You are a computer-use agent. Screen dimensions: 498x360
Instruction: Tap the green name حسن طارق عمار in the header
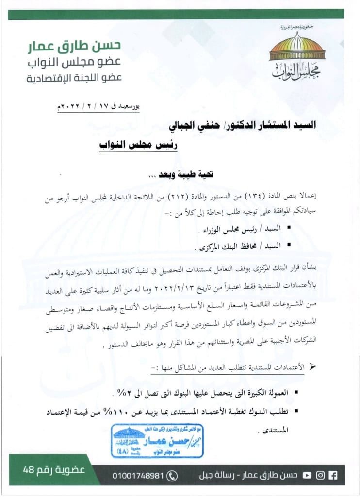pyautogui.click(x=74, y=46)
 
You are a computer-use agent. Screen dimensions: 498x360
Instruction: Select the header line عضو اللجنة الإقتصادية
pyautogui.click(x=74, y=78)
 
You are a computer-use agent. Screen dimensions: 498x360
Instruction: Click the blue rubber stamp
pyautogui.click(x=157, y=440)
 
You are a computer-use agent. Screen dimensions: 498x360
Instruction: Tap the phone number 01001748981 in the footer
pyautogui.click(x=139, y=475)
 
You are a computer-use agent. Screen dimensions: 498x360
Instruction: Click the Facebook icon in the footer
pyautogui.click(x=333, y=475)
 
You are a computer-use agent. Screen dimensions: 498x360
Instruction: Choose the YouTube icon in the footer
pyautogui.click(x=307, y=475)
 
